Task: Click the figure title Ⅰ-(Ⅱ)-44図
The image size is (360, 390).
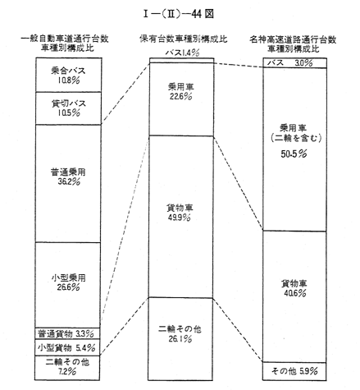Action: (x=178, y=14)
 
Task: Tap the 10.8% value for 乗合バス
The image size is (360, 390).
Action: (x=68, y=80)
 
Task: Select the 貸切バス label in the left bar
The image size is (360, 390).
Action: (x=69, y=103)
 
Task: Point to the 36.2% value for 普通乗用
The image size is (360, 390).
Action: (x=69, y=181)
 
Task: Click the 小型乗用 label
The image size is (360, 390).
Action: (x=68, y=278)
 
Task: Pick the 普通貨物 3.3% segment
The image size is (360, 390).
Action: (x=68, y=333)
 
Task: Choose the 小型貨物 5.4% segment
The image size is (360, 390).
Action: (x=67, y=347)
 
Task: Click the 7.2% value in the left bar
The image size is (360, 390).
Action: (x=66, y=372)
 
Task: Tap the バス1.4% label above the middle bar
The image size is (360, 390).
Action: (x=182, y=53)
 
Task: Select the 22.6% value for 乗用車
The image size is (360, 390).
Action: (x=180, y=97)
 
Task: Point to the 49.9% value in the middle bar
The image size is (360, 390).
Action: (x=180, y=218)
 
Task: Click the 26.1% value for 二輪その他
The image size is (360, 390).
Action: (x=180, y=339)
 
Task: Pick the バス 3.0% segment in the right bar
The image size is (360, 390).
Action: (x=294, y=62)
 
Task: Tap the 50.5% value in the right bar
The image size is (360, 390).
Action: (x=294, y=154)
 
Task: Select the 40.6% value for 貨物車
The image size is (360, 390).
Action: (x=295, y=293)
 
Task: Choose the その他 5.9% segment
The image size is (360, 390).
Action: (x=294, y=371)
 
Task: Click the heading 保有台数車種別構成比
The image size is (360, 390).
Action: (x=184, y=39)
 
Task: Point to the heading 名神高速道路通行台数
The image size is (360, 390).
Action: (x=293, y=40)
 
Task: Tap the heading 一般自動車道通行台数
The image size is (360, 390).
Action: (x=65, y=39)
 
